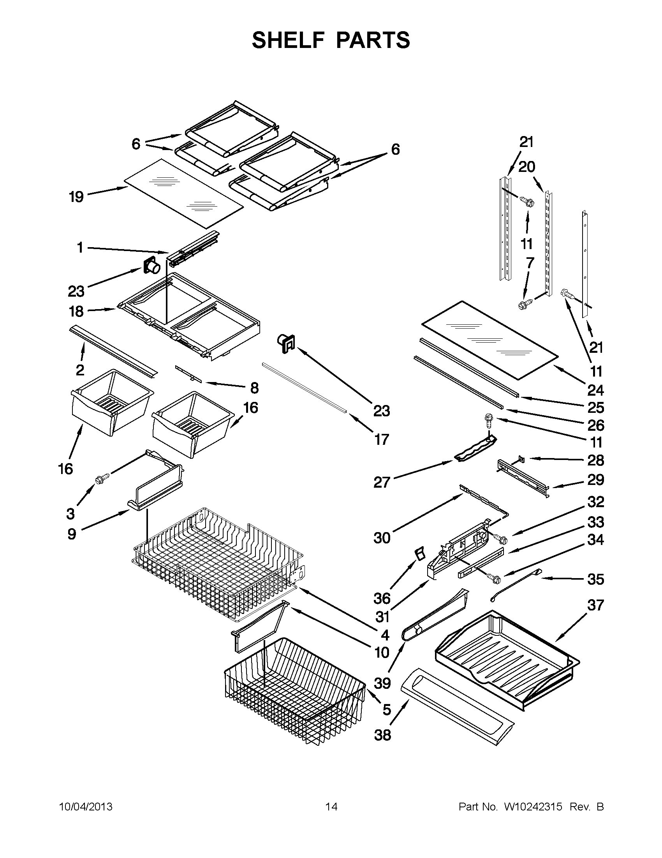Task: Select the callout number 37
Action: (x=595, y=605)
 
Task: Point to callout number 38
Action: (x=383, y=735)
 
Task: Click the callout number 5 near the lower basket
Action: (x=387, y=709)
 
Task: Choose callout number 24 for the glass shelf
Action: (x=595, y=390)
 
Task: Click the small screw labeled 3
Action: (x=100, y=478)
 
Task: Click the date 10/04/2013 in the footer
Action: (x=86, y=807)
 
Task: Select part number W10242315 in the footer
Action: (x=533, y=807)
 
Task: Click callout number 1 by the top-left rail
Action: (x=80, y=248)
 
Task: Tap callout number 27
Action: (x=381, y=482)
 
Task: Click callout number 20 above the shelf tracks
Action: (x=526, y=167)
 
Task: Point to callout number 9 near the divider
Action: (x=71, y=534)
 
